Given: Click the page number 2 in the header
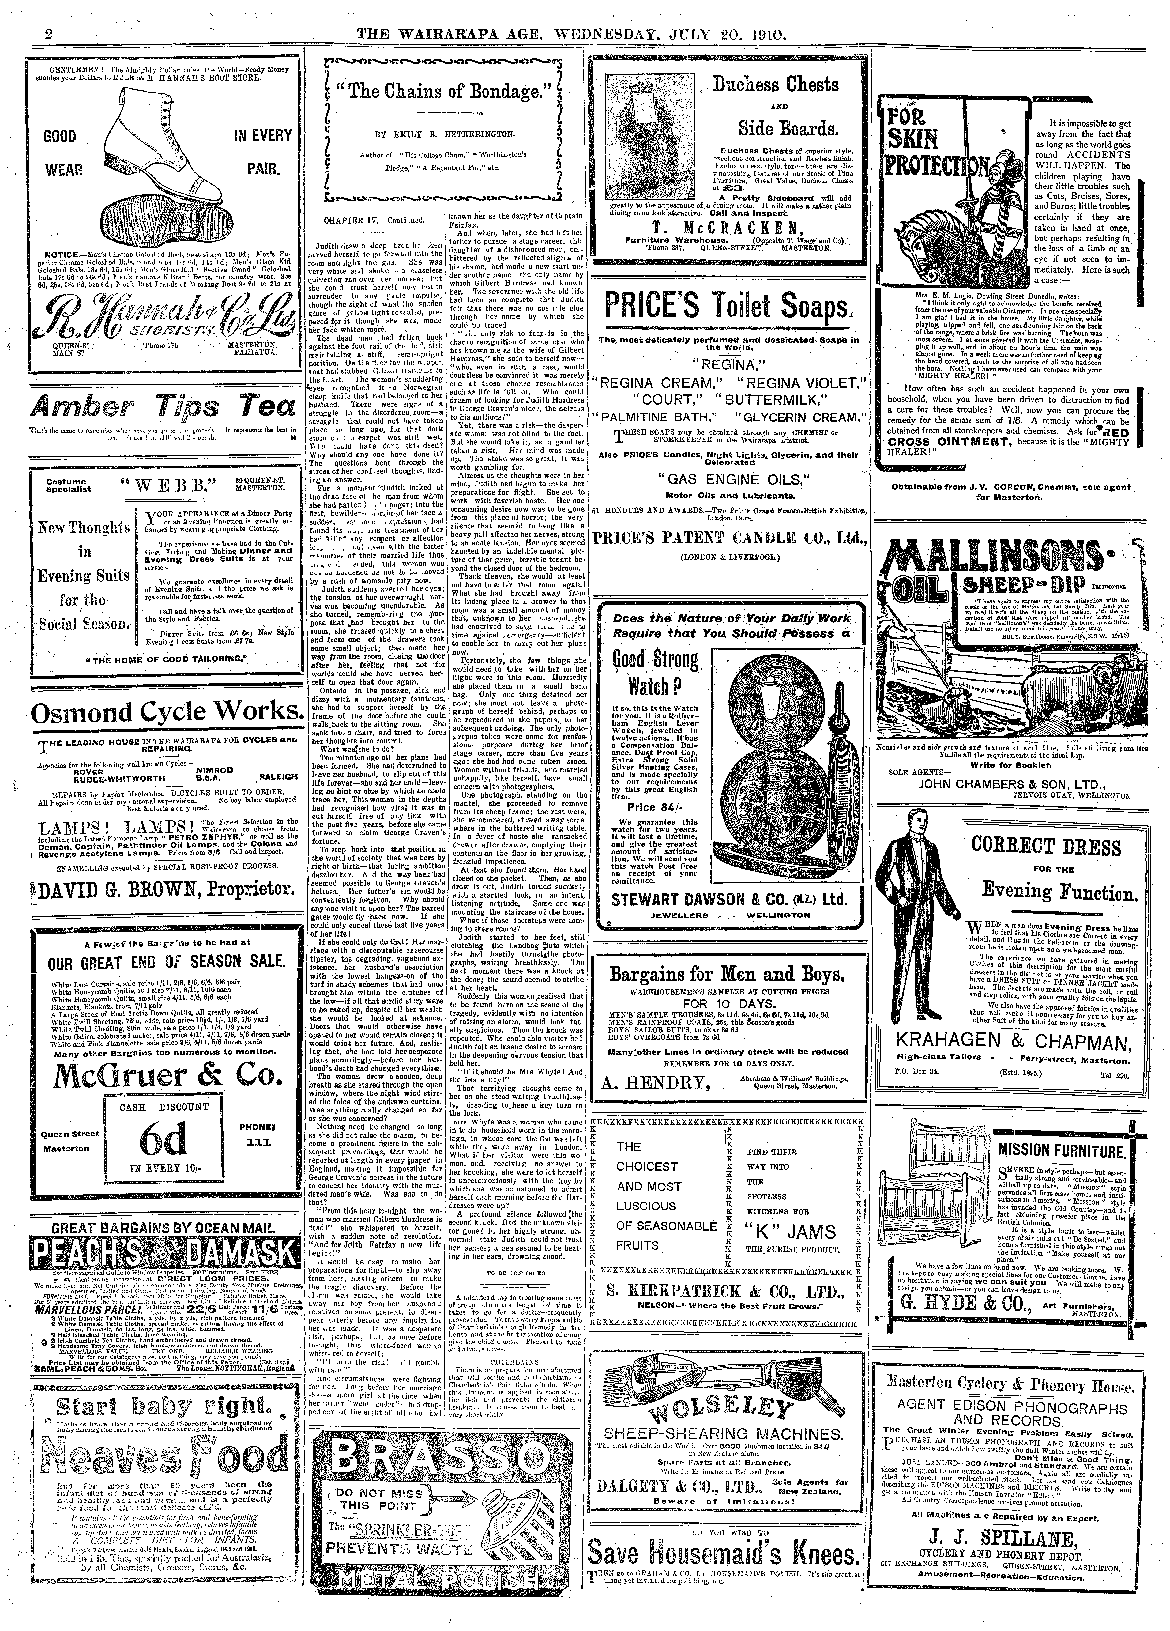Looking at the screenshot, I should point(29,34).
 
